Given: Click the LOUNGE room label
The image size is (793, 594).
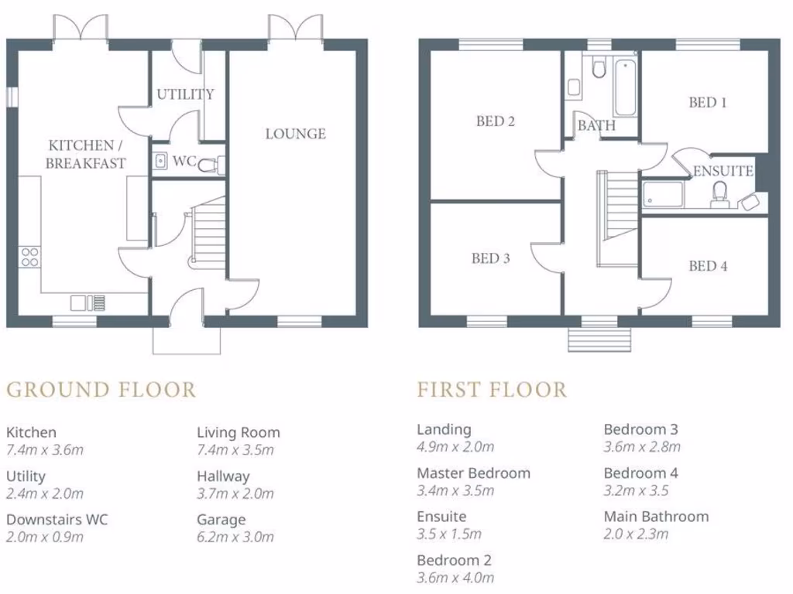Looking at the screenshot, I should (x=295, y=134).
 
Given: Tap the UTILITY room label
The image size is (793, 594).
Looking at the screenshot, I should (x=185, y=94).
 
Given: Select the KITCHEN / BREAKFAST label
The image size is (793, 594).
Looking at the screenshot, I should (x=85, y=154).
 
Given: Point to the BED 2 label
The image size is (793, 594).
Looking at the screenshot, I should (x=496, y=121).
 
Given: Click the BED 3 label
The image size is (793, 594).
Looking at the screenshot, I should (x=490, y=259).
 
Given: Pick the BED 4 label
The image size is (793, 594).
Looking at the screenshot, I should (x=708, y=266).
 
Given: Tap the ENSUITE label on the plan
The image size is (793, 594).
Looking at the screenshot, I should (x=723, y=172).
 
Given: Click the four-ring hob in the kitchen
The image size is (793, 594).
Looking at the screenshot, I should (x=29, y=257).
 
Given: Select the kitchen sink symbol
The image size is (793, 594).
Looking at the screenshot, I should (x=88, y=302).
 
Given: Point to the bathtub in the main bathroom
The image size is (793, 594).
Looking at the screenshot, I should (x=625, y=87).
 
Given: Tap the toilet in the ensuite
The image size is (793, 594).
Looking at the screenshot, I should (x=719, y=194).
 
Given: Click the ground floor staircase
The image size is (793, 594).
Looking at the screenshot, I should (x=208, y=233).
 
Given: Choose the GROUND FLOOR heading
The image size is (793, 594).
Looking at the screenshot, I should (x=101, y=389).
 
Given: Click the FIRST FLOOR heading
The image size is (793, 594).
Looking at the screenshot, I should (x=492, y=389).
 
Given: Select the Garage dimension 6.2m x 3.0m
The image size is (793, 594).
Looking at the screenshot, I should (x=235, y=537).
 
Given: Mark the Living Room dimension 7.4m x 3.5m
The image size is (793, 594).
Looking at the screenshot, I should (x=235, y=450).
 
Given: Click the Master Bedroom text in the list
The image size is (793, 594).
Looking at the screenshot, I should (x=473, y=473).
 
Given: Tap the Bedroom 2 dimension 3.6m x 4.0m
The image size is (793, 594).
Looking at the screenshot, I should (x=455, y=578).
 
